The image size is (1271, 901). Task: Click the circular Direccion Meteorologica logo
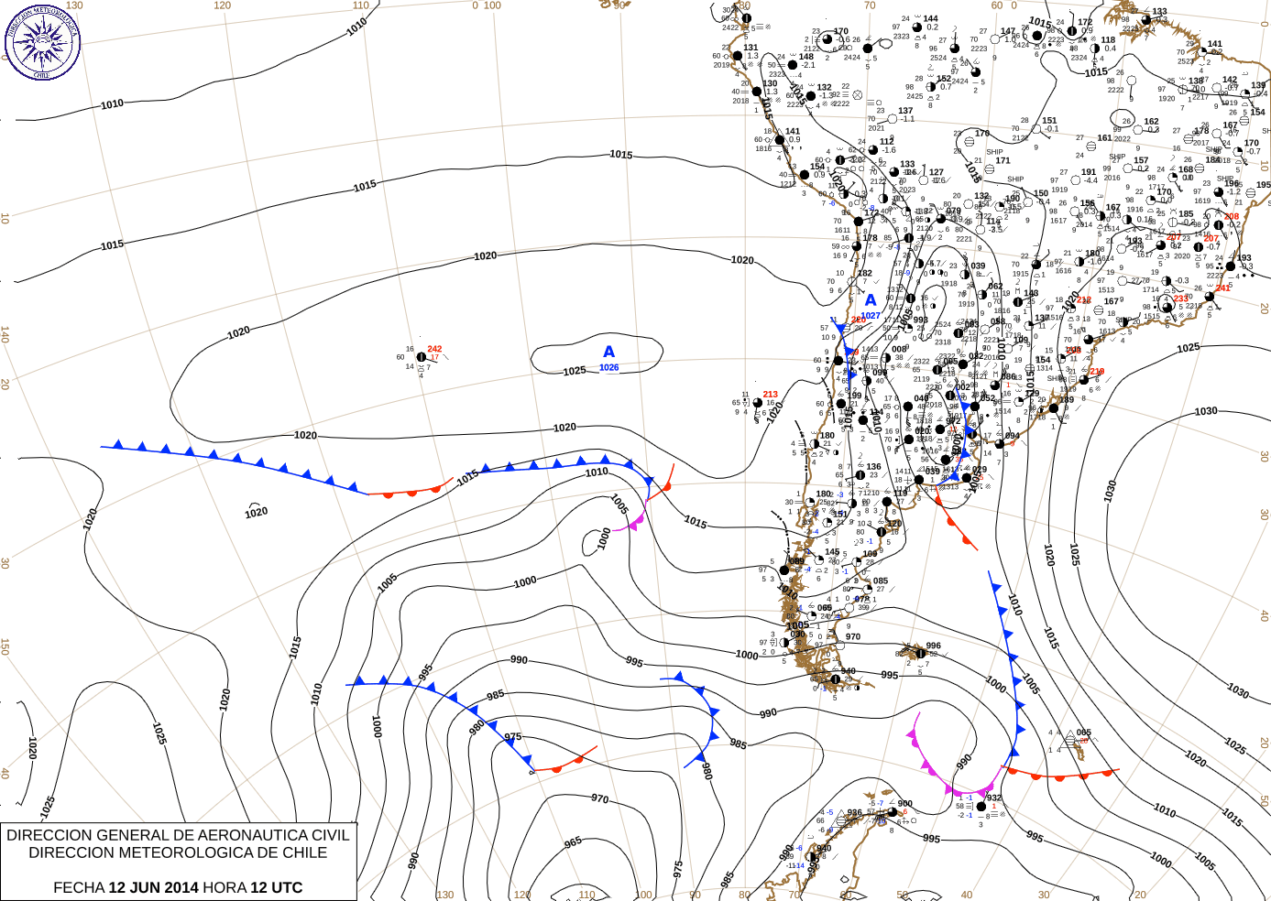point(42,42)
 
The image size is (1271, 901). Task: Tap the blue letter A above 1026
point(608,353)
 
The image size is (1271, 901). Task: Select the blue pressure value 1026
point(608,368)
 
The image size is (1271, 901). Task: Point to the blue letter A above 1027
point(871,300)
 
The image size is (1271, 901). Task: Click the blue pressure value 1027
point(871,316)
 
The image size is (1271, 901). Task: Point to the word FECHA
point(79,887)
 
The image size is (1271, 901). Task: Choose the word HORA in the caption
point(224,887)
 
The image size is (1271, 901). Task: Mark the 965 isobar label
point(573,841)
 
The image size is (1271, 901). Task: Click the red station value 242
point(434,349)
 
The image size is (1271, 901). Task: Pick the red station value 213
point(770,395)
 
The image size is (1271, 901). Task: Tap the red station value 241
point(1222,288)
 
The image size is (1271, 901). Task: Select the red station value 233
point(1180,299)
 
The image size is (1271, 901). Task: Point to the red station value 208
point(1232,217)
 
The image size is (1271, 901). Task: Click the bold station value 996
point(933,646)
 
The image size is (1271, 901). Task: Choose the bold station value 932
point(993,798)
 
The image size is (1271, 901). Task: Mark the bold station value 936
point(854,812)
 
